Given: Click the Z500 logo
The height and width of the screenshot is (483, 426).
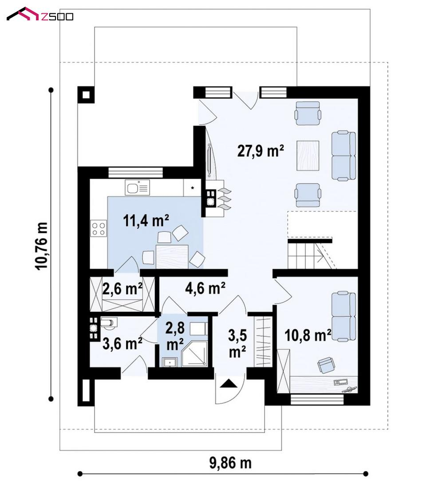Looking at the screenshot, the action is [x=40, y=15].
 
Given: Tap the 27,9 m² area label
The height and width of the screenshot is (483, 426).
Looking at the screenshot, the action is [x=260, y=151].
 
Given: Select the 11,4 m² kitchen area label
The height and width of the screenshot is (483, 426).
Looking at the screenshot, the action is [x=146, y=221].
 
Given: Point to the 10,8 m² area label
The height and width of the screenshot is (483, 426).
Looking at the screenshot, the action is [x=308, y=335].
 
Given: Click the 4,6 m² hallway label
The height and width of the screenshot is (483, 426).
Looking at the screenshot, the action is [x=205, y=288].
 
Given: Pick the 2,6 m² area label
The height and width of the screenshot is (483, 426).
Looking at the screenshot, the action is [x=122, y=289].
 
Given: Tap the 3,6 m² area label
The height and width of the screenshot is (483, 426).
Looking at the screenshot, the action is [x=122, y=343].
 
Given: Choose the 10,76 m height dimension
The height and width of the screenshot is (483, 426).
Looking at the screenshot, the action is [x=42, y=246].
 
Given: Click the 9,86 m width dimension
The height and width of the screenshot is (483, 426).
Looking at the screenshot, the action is [x=230, y=463].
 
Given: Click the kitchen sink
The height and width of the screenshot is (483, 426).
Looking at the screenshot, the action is [x=137, y=187].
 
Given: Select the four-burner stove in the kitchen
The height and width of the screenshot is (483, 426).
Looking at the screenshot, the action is [x=99, y=228].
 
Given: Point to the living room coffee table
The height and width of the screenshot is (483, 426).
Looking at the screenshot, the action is [x=308, y=156].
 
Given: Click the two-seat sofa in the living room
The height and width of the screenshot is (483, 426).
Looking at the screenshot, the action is [x=343, y=156].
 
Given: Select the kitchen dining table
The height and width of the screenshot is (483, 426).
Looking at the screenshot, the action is [x=172, y=257].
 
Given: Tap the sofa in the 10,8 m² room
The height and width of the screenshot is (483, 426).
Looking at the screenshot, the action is [x=343, y=317].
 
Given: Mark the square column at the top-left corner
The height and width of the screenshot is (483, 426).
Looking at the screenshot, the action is [x=86, y=94].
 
